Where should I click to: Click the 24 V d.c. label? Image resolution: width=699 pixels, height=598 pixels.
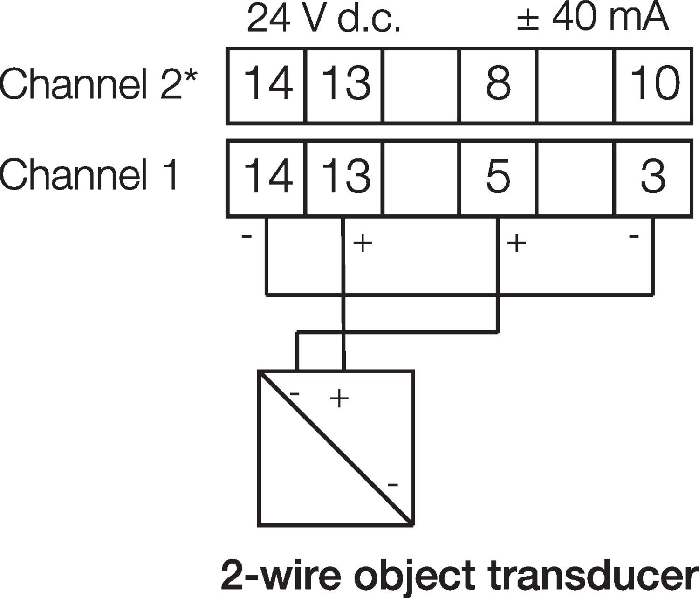coord(323,19)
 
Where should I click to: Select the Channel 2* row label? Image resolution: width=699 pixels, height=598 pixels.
coord(98,84)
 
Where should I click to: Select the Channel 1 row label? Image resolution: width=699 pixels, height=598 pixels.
coord(89,174)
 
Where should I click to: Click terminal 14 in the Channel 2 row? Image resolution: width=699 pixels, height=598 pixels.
coord(267,84)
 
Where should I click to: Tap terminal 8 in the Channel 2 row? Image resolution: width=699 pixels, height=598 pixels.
coord(498,84)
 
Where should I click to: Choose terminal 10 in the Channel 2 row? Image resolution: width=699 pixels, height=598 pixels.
coord(654,84)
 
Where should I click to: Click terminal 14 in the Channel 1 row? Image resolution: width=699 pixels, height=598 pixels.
coord(267,176)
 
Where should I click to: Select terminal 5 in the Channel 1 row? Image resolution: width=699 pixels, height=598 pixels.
coord(498,176)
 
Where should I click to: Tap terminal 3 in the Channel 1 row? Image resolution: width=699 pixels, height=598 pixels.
coord(653,176)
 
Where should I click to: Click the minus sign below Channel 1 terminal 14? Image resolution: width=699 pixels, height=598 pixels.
coord(247,236)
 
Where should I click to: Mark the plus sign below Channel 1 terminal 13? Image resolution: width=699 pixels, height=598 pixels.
coord(363,243)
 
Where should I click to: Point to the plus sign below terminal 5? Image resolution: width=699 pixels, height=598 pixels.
coord(516,243)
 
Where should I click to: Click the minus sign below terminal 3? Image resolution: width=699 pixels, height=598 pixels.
coord(634,236)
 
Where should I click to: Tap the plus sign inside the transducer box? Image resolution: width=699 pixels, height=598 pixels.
coord(339,399)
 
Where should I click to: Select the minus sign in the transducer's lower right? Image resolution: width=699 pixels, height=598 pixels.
coord(393,485)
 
